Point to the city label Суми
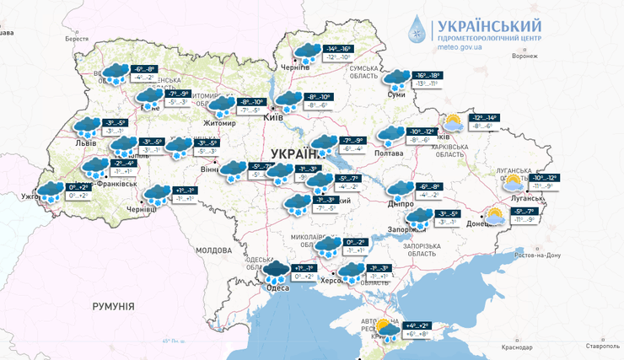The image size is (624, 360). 396,94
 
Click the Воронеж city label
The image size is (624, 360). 524,56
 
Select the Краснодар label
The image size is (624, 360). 515,347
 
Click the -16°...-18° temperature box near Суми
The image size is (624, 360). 426,76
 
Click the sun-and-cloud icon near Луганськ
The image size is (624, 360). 512,181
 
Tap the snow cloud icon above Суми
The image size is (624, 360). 395,78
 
